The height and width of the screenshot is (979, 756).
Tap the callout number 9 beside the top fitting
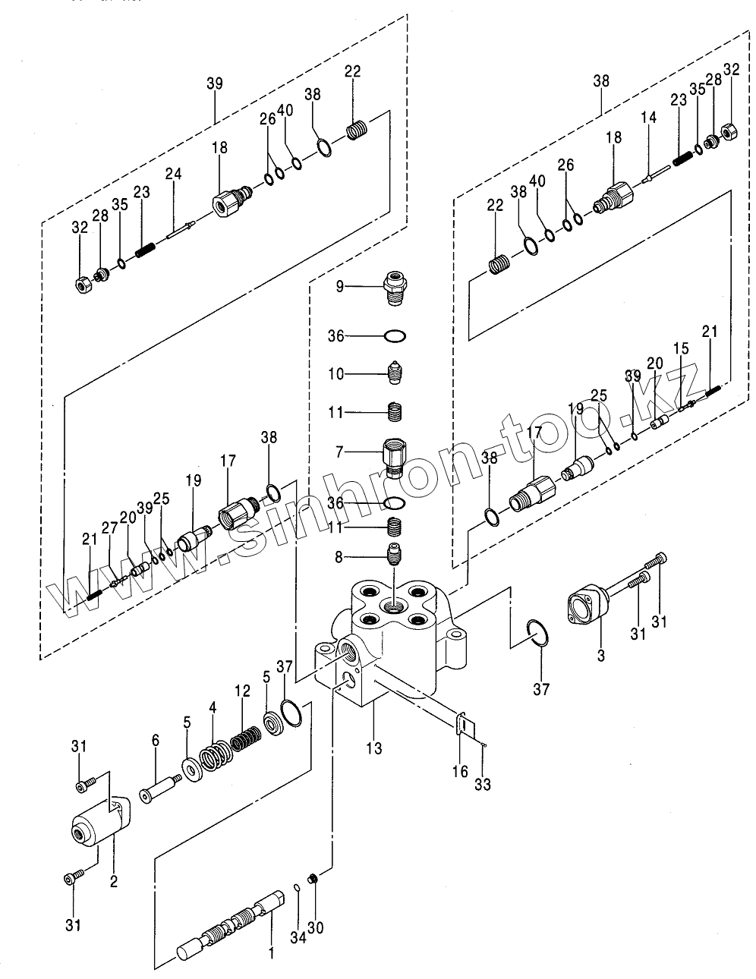339,286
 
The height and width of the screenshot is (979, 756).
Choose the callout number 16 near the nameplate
461,772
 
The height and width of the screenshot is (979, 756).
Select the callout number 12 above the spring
242,691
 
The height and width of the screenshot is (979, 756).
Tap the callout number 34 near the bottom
298,939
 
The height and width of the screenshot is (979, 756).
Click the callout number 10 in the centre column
336,374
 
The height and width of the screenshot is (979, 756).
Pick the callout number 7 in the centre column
339,452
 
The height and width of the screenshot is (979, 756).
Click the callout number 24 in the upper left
174,175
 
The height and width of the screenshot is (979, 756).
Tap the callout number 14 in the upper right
648,118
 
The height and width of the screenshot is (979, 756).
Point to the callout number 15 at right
682,348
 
